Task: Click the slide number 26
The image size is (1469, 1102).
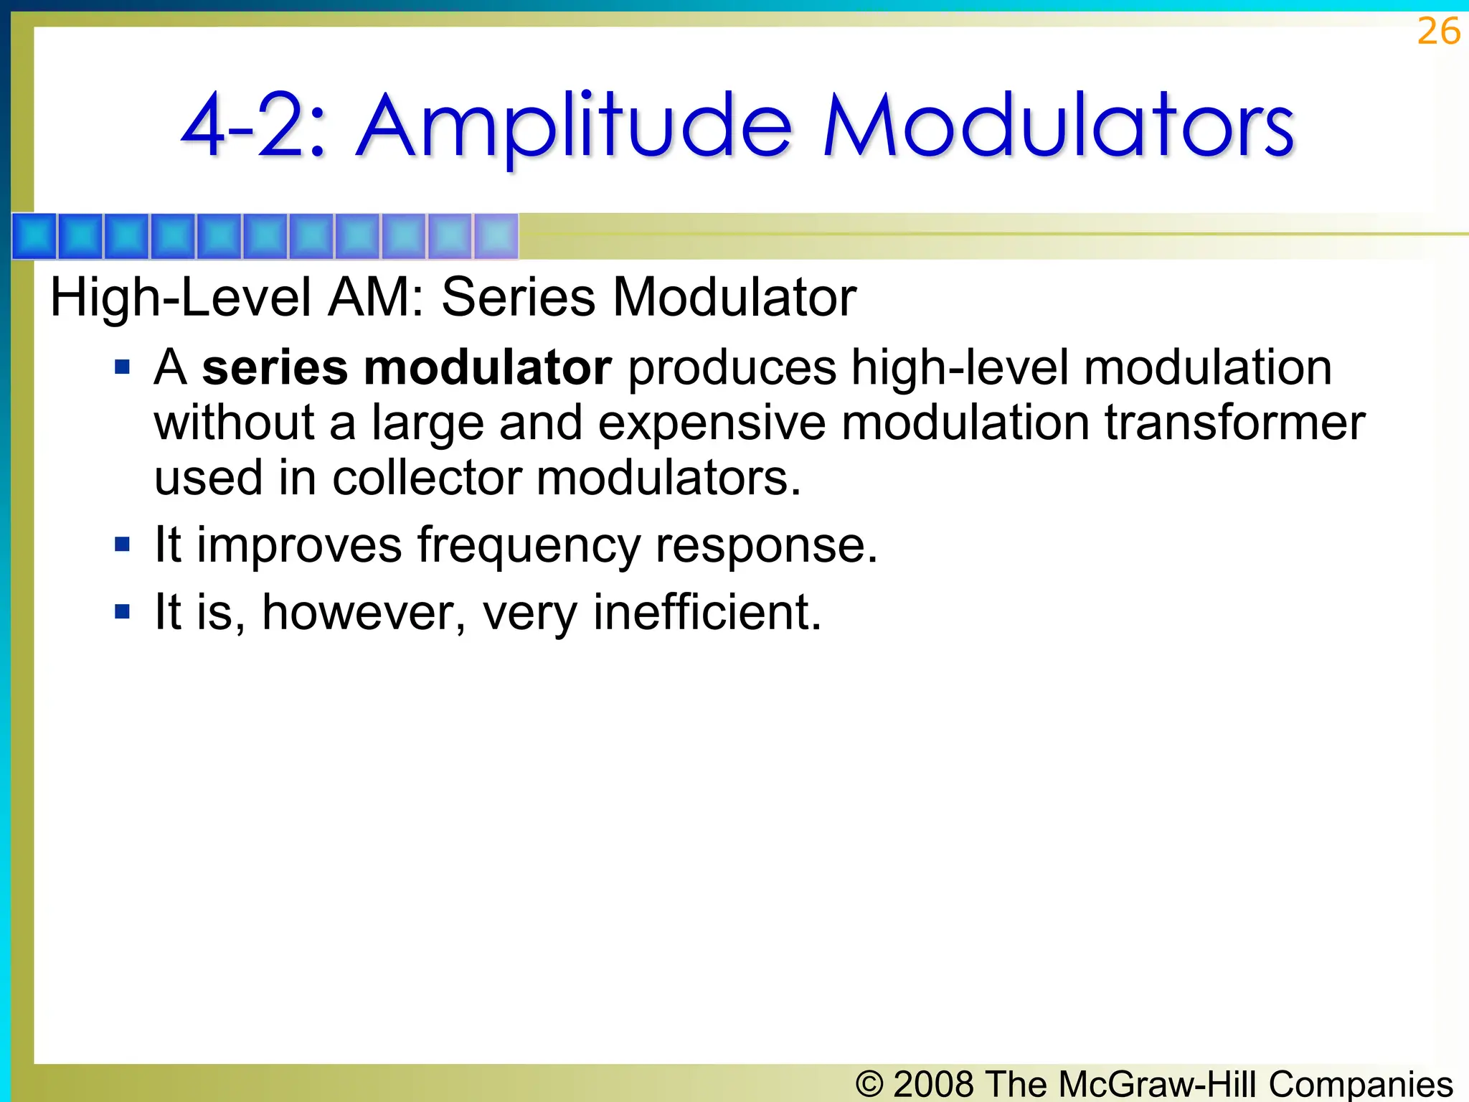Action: point(1438,32)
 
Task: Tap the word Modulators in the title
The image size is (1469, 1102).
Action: point(1058,127)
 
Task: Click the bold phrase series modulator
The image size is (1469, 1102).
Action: point(407,367)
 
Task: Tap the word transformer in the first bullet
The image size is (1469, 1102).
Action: point(1234,423)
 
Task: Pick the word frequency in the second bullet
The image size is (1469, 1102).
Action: point(529,545)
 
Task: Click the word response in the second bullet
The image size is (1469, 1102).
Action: point(766,545)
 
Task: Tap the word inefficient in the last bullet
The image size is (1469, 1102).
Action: point(707,612)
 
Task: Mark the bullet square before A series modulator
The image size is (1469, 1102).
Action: point(123,368)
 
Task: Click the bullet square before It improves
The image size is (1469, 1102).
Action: point(123,545)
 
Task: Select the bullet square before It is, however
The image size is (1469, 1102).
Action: point(123,612)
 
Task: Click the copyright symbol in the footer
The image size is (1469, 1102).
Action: point(869,1083)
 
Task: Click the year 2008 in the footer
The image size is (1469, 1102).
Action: point(933,1083)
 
